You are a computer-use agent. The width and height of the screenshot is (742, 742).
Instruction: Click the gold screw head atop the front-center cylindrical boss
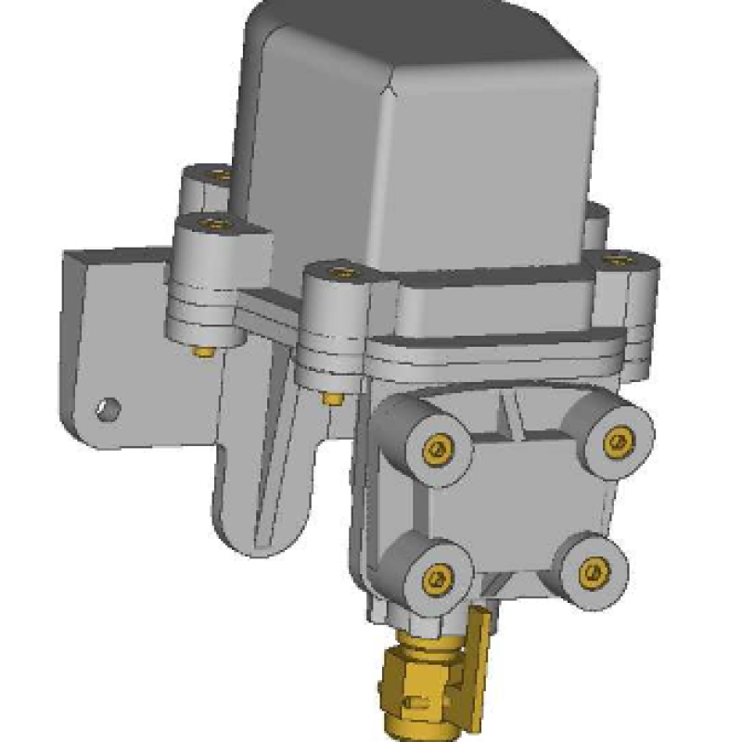click(341, 274)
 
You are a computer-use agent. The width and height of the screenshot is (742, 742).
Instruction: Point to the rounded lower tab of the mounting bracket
click(264, 519)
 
